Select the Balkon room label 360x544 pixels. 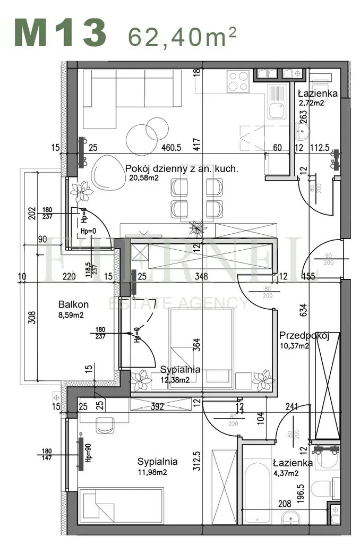[x=73, y=305]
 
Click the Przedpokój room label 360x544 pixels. [x=305, y=335]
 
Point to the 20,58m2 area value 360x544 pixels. [x=143, y=178]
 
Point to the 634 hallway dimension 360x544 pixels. [x=303, y=309]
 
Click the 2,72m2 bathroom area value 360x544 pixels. [x=311, y=103]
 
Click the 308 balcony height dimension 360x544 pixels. [x=32, y=317]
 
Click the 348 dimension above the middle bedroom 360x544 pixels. [x=201, y=276]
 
